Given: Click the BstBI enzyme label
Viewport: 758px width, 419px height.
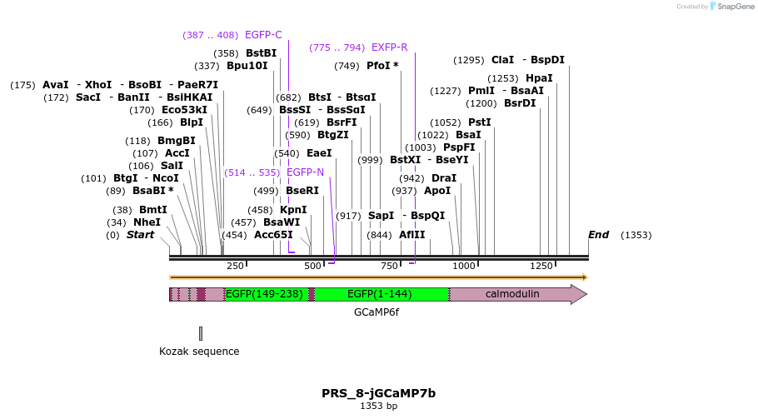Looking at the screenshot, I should (x=261, y=53).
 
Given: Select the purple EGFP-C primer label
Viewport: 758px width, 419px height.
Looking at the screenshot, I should (x=263, y=35).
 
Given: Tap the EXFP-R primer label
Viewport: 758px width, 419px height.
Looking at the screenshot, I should (x=389, y=47).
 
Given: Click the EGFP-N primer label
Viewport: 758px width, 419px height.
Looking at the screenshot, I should (x=305, y=172).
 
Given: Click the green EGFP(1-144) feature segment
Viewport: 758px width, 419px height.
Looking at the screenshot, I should (x=380, y=294).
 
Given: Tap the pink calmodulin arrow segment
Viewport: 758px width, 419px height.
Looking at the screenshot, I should (x=512, y=294).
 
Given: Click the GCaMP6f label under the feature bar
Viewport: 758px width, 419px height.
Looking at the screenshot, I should (x=377, y=312).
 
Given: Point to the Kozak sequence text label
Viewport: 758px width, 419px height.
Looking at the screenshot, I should (x=199, y=352).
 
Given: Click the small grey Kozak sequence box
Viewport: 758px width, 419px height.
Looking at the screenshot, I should (x=201, y=333).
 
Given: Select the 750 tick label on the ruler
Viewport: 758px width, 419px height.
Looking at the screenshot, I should (x=390, y=266).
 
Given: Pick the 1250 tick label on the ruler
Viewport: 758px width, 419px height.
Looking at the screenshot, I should (x=541, y=266).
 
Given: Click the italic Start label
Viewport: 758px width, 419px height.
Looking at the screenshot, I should (x=140, y=235).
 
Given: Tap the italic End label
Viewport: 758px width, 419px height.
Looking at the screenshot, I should (x=598, y=235).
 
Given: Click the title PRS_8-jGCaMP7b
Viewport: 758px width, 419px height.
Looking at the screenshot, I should (x=378, y=393).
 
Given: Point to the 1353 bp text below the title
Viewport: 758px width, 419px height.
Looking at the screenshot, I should (x=378, y=407).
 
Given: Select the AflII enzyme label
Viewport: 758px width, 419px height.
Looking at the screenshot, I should (x=411, y=235).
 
